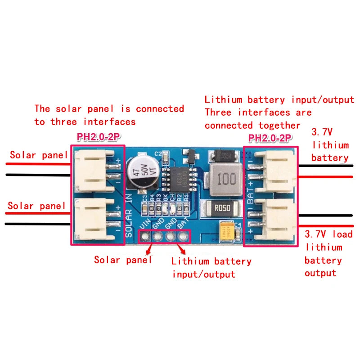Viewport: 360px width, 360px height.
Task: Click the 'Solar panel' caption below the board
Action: (123, 260)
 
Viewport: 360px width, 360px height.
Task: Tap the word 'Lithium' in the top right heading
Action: (224, 100)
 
